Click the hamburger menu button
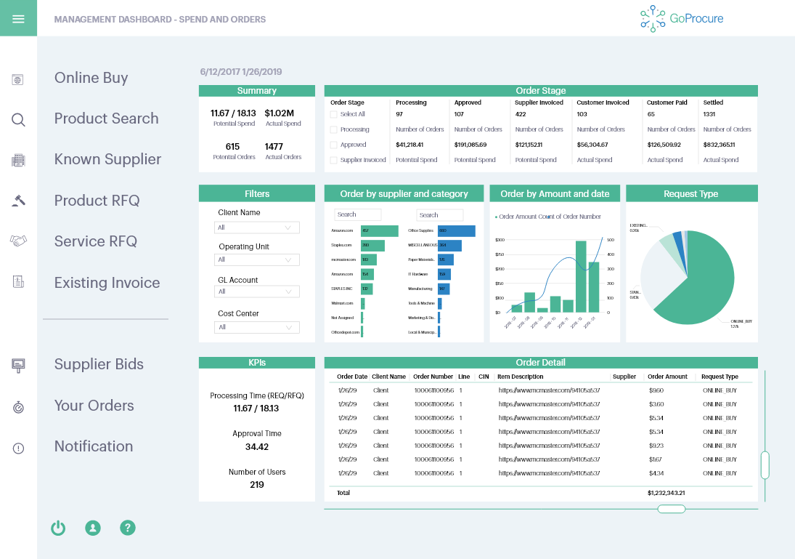tap(18, 18)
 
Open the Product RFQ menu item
tap(97, 201)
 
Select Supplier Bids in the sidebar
tap(99, 364)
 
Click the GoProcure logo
tap(672, 19)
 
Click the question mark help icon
tap(128, 528)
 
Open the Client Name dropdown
tap(258, 228)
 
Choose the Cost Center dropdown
tap(258, 327)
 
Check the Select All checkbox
tap(334, 114)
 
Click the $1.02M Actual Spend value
tap(280, 113)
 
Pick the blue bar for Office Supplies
tap(456, 230)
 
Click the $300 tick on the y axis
tap(499, 239)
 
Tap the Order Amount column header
tap(667, 377)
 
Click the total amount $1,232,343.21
tap(666, 493)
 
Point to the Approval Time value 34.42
tap(257, 447)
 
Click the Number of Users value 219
tap(257, 485)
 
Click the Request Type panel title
tap(691, 194)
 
